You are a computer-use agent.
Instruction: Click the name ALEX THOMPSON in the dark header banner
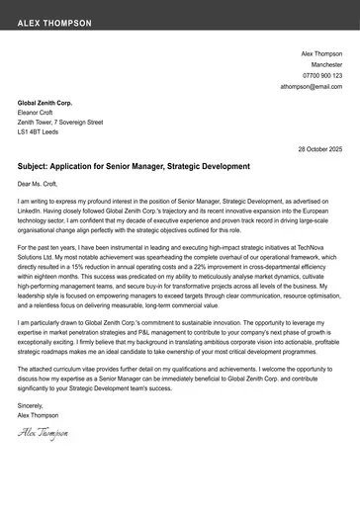click(x=54, y=22)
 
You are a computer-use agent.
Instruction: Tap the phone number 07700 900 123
click(x=322, y=75)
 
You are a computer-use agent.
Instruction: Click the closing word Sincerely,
click(x=31, y=405)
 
